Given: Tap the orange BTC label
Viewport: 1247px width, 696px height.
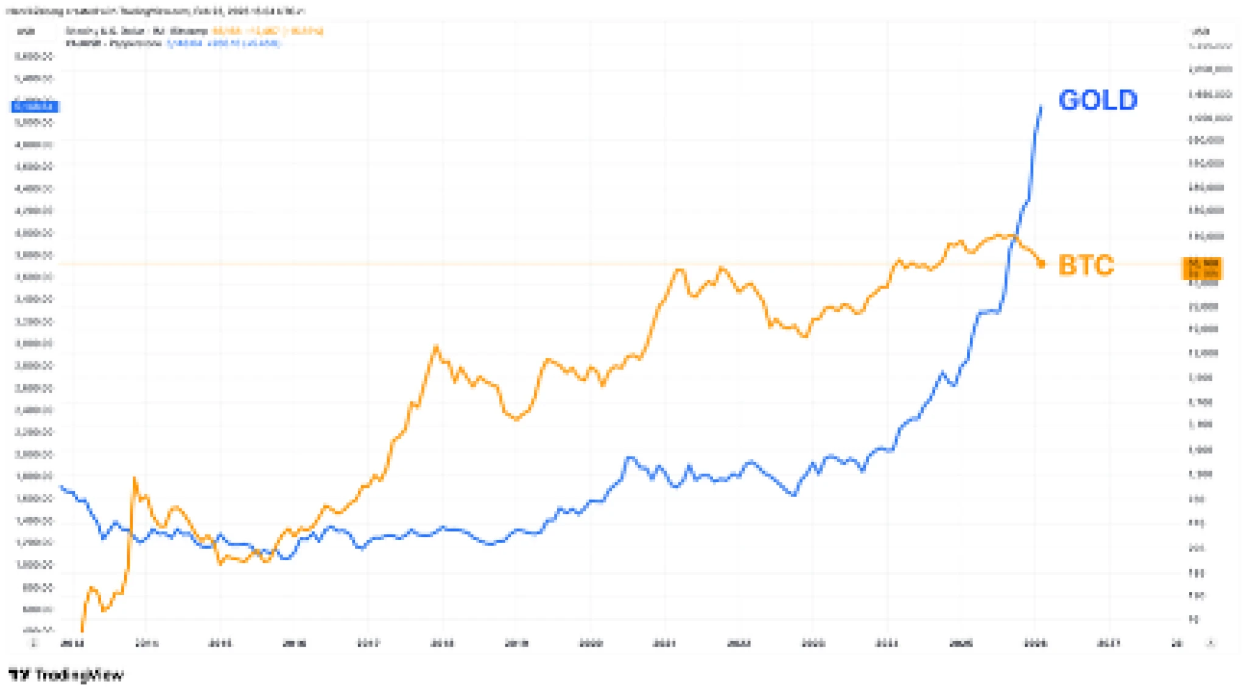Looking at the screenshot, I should click(1086, 265).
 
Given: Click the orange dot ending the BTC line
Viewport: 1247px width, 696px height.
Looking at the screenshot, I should click(1041, 264).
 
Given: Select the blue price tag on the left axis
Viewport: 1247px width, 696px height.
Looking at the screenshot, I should click(35, 107).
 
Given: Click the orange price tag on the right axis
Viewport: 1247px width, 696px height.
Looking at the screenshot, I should click(1203, 268).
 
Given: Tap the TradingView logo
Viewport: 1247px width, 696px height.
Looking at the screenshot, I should click(66, 675).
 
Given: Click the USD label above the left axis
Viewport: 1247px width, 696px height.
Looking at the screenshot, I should click(26, 31).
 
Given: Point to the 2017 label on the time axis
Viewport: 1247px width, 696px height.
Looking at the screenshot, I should click(368, 643).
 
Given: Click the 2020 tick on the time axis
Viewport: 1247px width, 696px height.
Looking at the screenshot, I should click(591, 643).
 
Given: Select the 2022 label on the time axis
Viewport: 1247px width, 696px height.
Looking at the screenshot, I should click(739, 643).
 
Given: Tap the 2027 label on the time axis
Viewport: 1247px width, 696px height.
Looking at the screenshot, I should click(1108, 643).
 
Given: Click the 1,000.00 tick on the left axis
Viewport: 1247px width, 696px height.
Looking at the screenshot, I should click(34, 564).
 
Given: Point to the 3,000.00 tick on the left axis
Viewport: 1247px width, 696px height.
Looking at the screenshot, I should click(34, 343).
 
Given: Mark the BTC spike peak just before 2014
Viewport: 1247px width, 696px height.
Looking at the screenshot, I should click(134, 479).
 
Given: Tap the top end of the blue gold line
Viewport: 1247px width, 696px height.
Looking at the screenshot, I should click(1041, 107).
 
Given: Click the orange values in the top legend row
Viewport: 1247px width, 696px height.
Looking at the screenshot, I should click(267, 31).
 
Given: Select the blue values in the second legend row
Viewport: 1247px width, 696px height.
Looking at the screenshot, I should click(223, 43).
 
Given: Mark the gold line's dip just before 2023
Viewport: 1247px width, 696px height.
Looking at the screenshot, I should click(794, 494).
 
